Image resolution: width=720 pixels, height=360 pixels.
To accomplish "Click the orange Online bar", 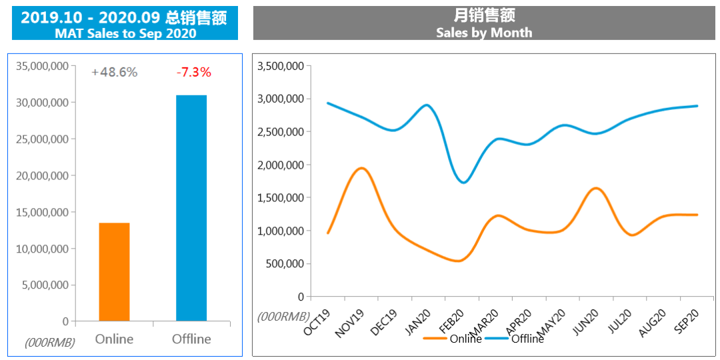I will tap(114, 272).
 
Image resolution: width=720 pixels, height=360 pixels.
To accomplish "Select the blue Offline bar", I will tap(191, 208).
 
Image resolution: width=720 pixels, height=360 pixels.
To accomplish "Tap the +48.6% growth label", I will tap(115, 72).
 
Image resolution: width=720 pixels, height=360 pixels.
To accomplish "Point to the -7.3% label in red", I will tap(193, 72).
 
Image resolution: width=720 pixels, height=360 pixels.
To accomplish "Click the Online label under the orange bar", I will tap(114, 339).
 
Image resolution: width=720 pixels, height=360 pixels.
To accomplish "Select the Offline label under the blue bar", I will tap(191, 339).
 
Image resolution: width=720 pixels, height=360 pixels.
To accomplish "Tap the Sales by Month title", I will tap(484, 32).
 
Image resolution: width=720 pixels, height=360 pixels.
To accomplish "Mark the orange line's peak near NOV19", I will tap(361, 168).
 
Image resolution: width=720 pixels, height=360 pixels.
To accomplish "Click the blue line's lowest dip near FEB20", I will tap(464, 182).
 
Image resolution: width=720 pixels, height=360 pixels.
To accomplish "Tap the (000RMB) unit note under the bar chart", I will tap(50, 343).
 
